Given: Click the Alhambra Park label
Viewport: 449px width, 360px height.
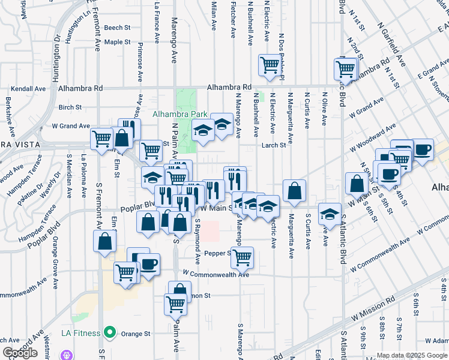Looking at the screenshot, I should [x=180, y=114].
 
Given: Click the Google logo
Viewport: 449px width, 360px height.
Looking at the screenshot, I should [x=20, y=353].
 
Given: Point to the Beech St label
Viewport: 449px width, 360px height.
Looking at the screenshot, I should [x=117, y=28].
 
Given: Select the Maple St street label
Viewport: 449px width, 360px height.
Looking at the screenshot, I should [x=117, y=42].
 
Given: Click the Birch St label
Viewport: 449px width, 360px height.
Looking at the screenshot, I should [x=70, y=107].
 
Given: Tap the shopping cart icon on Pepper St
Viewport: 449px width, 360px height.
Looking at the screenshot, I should [x=242, y=257].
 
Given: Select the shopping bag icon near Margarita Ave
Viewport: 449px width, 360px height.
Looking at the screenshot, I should [x=294, y=190].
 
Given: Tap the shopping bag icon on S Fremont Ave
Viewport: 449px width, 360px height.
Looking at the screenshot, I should [x=105, y=242].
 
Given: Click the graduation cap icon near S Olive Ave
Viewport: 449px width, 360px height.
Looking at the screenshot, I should [x=330, y=213].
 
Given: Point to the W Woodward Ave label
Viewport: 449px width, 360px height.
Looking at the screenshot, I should [x=373, y=139].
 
